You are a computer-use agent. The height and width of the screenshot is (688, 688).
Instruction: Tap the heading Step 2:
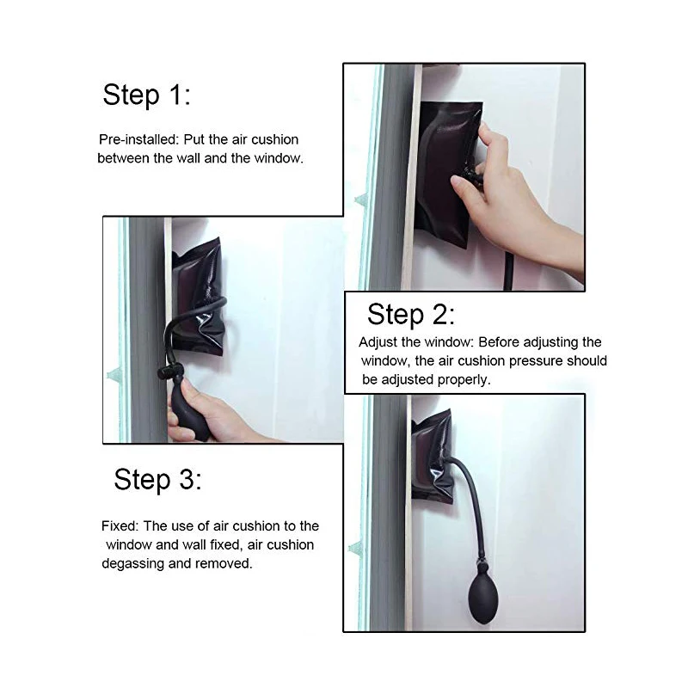(x=411, y=314)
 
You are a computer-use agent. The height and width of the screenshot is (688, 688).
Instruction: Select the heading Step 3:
(x=157, y=479)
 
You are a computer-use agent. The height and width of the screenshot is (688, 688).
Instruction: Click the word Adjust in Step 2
(x=379, y=342)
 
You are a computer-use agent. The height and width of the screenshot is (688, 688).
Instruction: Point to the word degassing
(x=134, y=563)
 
